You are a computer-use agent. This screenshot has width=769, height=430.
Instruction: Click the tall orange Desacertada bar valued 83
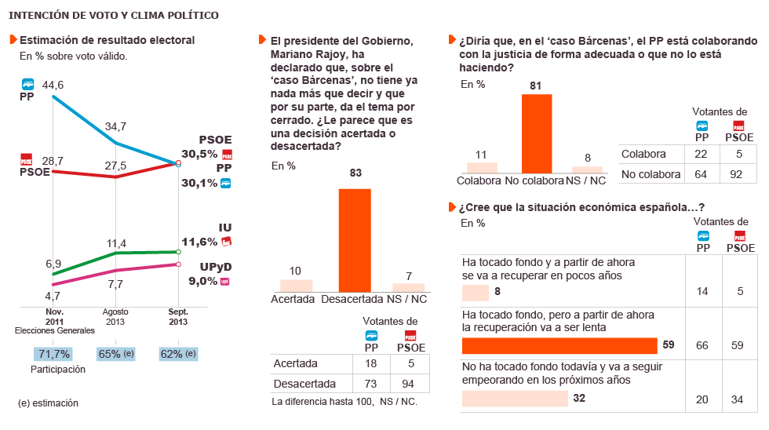pos(355,240)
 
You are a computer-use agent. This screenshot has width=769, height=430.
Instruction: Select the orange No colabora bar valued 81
pos(537,133)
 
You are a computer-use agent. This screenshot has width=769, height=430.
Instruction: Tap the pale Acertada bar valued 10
pos(297,286)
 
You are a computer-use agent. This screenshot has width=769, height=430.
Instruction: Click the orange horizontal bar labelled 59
pos(559,346)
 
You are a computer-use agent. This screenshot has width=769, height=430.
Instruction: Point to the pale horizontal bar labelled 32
pos(515,399)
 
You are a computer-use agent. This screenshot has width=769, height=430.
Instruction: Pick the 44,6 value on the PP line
pos(53,85)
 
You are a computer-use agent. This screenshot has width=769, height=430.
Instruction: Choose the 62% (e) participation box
pos(178,354)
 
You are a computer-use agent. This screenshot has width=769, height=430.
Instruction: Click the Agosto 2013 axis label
pos(115,315)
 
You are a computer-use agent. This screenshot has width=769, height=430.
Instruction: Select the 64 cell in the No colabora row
pos(702,173)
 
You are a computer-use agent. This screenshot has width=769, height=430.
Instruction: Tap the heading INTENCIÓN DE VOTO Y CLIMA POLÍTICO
pos(114,16)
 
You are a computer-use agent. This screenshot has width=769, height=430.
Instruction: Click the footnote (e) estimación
pos(48,403)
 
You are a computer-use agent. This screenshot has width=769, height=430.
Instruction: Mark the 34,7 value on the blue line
pos(117,126)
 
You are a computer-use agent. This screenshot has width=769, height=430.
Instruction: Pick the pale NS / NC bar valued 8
pos(588,169)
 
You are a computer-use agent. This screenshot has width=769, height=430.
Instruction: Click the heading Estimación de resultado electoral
pos(107,40)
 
